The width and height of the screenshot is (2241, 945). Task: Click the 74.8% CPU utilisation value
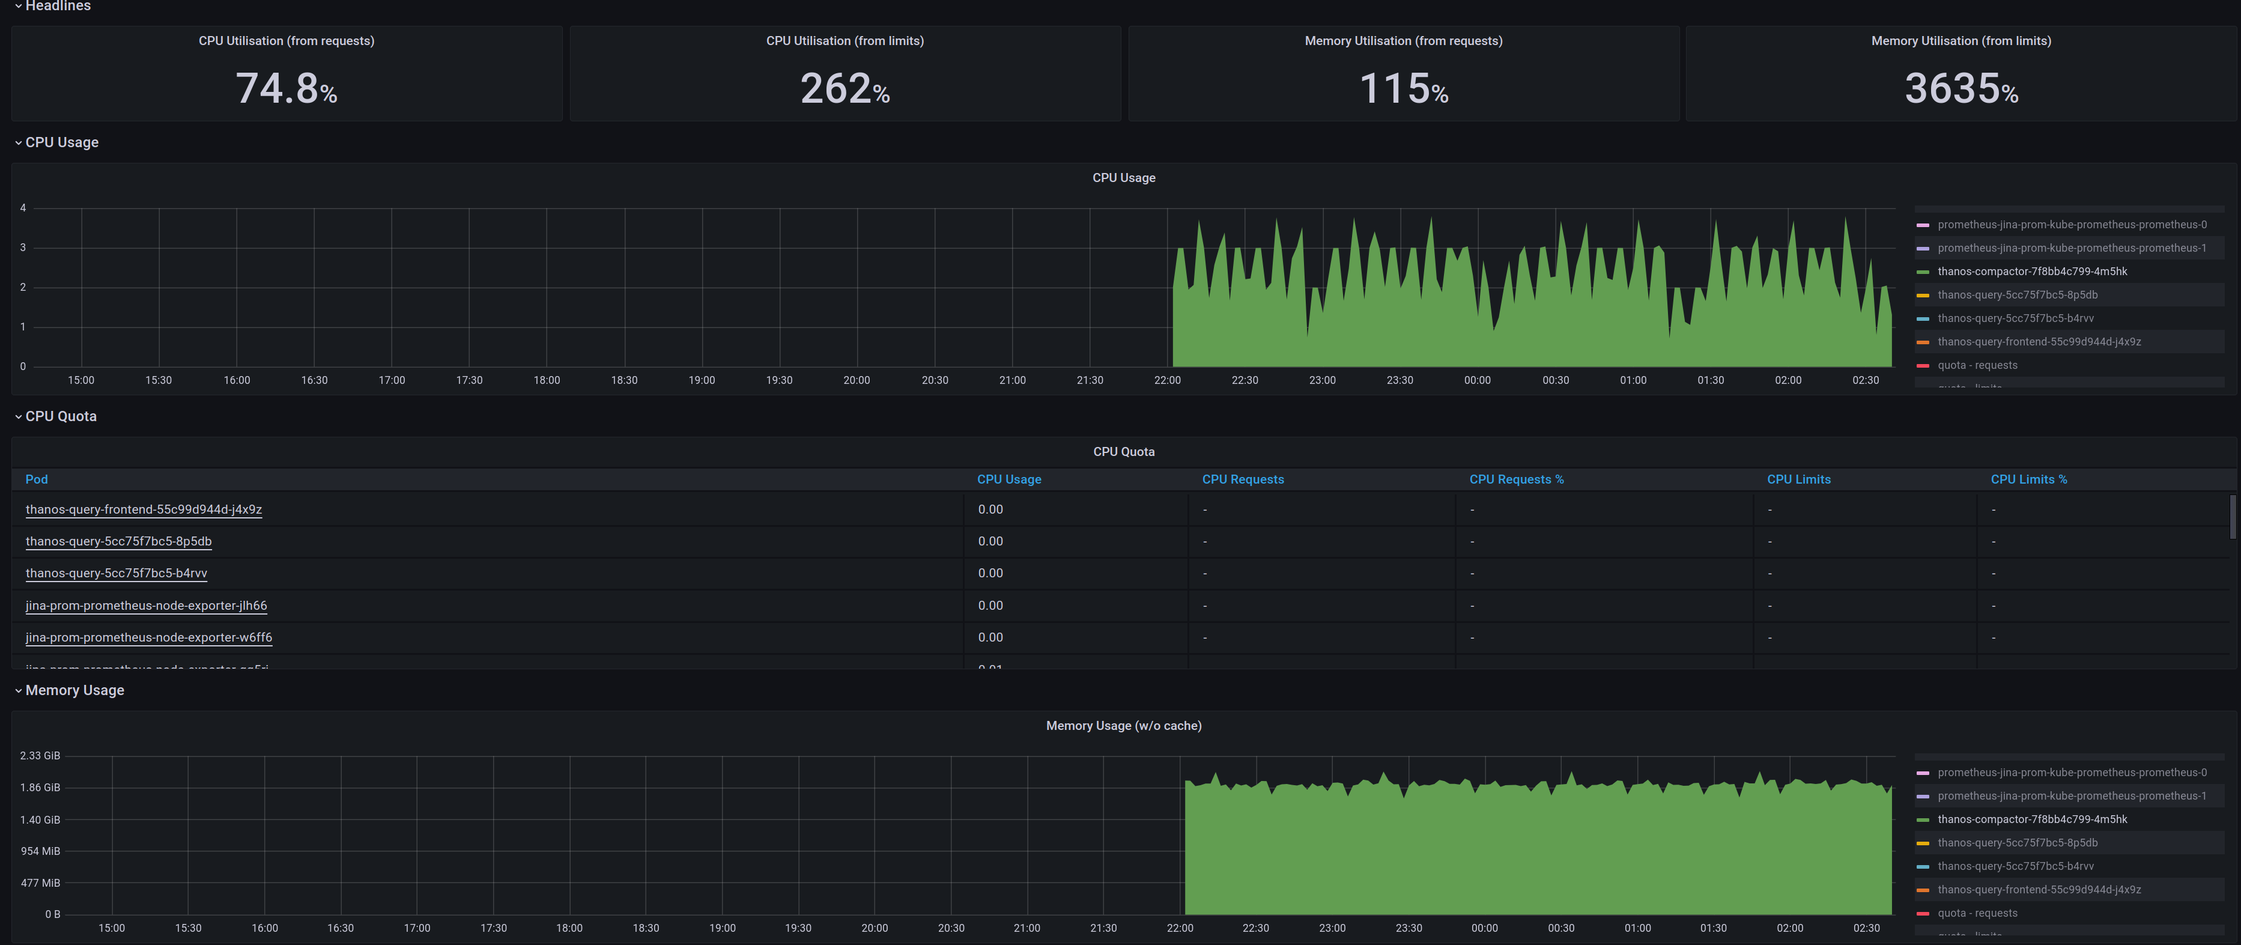[287, 89]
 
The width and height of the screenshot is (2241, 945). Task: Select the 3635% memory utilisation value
[1961, 89]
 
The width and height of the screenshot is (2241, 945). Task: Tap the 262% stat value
[845, 89]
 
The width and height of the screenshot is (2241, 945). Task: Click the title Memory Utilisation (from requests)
[1403, 41]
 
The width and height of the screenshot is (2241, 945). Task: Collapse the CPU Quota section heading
[61, 416]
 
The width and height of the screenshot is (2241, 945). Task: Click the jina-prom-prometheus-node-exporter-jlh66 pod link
[146, 605]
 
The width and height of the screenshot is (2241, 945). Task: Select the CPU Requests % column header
[1517, 479]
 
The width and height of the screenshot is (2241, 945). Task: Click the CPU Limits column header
[1798, 479]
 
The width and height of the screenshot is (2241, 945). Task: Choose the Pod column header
[37, 479]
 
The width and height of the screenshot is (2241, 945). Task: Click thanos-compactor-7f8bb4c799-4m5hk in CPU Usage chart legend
[2031, 272]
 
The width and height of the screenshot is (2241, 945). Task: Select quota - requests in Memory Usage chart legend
[1977, 913]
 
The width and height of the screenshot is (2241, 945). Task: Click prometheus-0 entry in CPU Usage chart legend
[2072, 225]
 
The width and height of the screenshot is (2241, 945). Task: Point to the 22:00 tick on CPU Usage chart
[1166, 380]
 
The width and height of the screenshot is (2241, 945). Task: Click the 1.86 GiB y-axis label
[40, 788]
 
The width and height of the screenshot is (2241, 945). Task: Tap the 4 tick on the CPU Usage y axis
[23, 208]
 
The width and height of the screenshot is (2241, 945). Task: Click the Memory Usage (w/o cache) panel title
[1123, 726]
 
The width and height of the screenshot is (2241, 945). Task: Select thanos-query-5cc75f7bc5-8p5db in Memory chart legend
[2016, 842]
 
